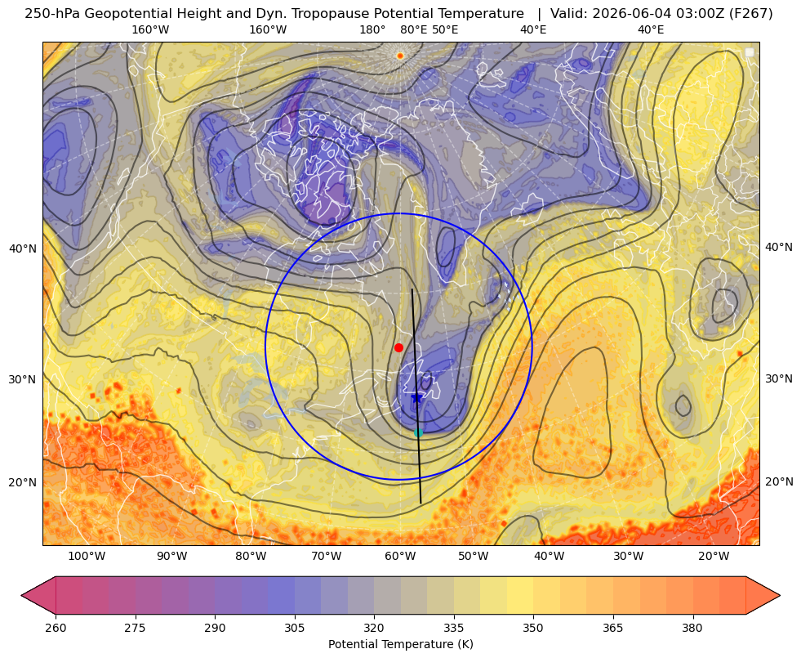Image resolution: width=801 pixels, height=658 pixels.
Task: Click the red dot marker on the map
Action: click(x=399, y=347)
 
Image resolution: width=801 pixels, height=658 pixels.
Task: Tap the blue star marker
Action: click(x=417, y=397)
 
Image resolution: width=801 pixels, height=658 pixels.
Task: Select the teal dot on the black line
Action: click(x=418, y=433)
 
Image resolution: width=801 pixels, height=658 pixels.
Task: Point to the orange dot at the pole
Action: click(x=400, y=56)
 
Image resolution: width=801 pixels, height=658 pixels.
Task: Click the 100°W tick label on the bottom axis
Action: click(x=87, y=557)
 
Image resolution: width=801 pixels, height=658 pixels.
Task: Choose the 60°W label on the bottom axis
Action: click(x=399, y=557)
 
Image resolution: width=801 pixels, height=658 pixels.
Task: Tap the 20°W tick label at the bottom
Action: click(x=714, y=557)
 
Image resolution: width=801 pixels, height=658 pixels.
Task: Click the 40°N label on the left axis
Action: click(x=23, y=249)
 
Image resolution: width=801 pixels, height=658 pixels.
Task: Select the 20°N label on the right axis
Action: click(x=779, y=481)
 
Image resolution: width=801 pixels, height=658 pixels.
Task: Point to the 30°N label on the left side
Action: click(x=23, y=379)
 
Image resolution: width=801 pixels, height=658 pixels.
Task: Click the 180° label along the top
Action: click(x=372, y=29)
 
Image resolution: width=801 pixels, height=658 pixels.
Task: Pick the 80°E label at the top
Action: click(x=414, y=29)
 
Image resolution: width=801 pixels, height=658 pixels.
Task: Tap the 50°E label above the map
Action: click(x=446, y=29)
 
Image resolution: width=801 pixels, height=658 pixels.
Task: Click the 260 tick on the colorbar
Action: click(x=56, y=628)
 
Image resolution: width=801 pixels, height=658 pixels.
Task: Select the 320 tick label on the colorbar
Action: click(x=374, y=628)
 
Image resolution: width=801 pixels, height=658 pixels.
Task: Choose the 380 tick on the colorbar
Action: click(x=692, y=628)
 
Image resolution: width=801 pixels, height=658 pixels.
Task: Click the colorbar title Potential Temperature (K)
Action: click(x=400, y=644)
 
